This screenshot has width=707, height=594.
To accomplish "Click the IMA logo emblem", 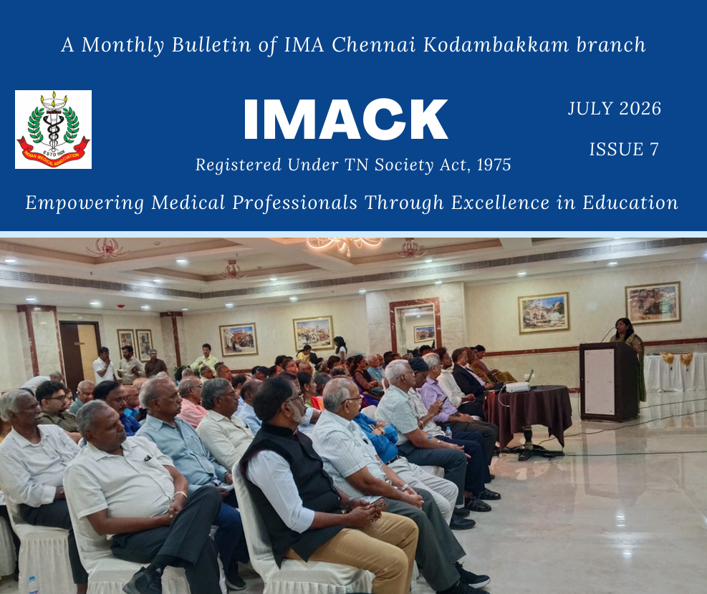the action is tap(53, 130).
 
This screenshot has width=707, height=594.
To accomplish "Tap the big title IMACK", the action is tap(345, 120).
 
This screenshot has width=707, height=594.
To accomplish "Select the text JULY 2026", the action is tap(614, 109).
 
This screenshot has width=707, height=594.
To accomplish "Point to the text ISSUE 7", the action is tap(624, 149).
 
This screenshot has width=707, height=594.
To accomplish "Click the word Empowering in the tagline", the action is tap(85, 203).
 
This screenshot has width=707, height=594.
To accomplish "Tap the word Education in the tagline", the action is tap(630, 203).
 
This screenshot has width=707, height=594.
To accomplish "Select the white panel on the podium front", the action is tap(600, 381).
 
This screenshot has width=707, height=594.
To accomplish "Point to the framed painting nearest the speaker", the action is tap(653, 302).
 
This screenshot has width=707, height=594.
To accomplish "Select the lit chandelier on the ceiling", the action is tap(345, 245).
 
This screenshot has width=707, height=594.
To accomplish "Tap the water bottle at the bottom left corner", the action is tap(33, 585).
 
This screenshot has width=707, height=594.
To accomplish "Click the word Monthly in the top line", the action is tap(122, 45).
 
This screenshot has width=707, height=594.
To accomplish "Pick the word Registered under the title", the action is tap(239, 165).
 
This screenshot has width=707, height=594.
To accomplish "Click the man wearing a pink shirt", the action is tap(191, 402).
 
